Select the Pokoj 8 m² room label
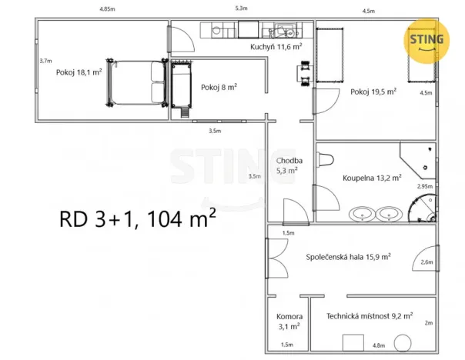pyautogui.click(x=219, y=88)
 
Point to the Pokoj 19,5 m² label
pyautogui.click(x=373, y=92)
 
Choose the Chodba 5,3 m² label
pyautogui.click(x=289, y=166)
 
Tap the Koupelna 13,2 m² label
pyautogui.click(x=372, y=178)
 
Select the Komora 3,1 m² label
pyautogui.click(x=289, y=322)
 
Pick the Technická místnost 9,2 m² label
pyautogui.click(x=369, y=315)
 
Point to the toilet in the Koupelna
pyautogui.click(x=325, y=160)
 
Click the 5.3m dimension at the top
pyautogui.click(x=241, y=8)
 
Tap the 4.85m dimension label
pyautogui.click(x=106, y=8)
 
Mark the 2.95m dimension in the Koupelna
pyautogui.click(x=424, y=186)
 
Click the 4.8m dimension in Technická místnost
pyautogui.click(x=378, y=345)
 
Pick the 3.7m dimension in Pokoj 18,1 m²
pyautogui.click(x=45, y=61)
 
